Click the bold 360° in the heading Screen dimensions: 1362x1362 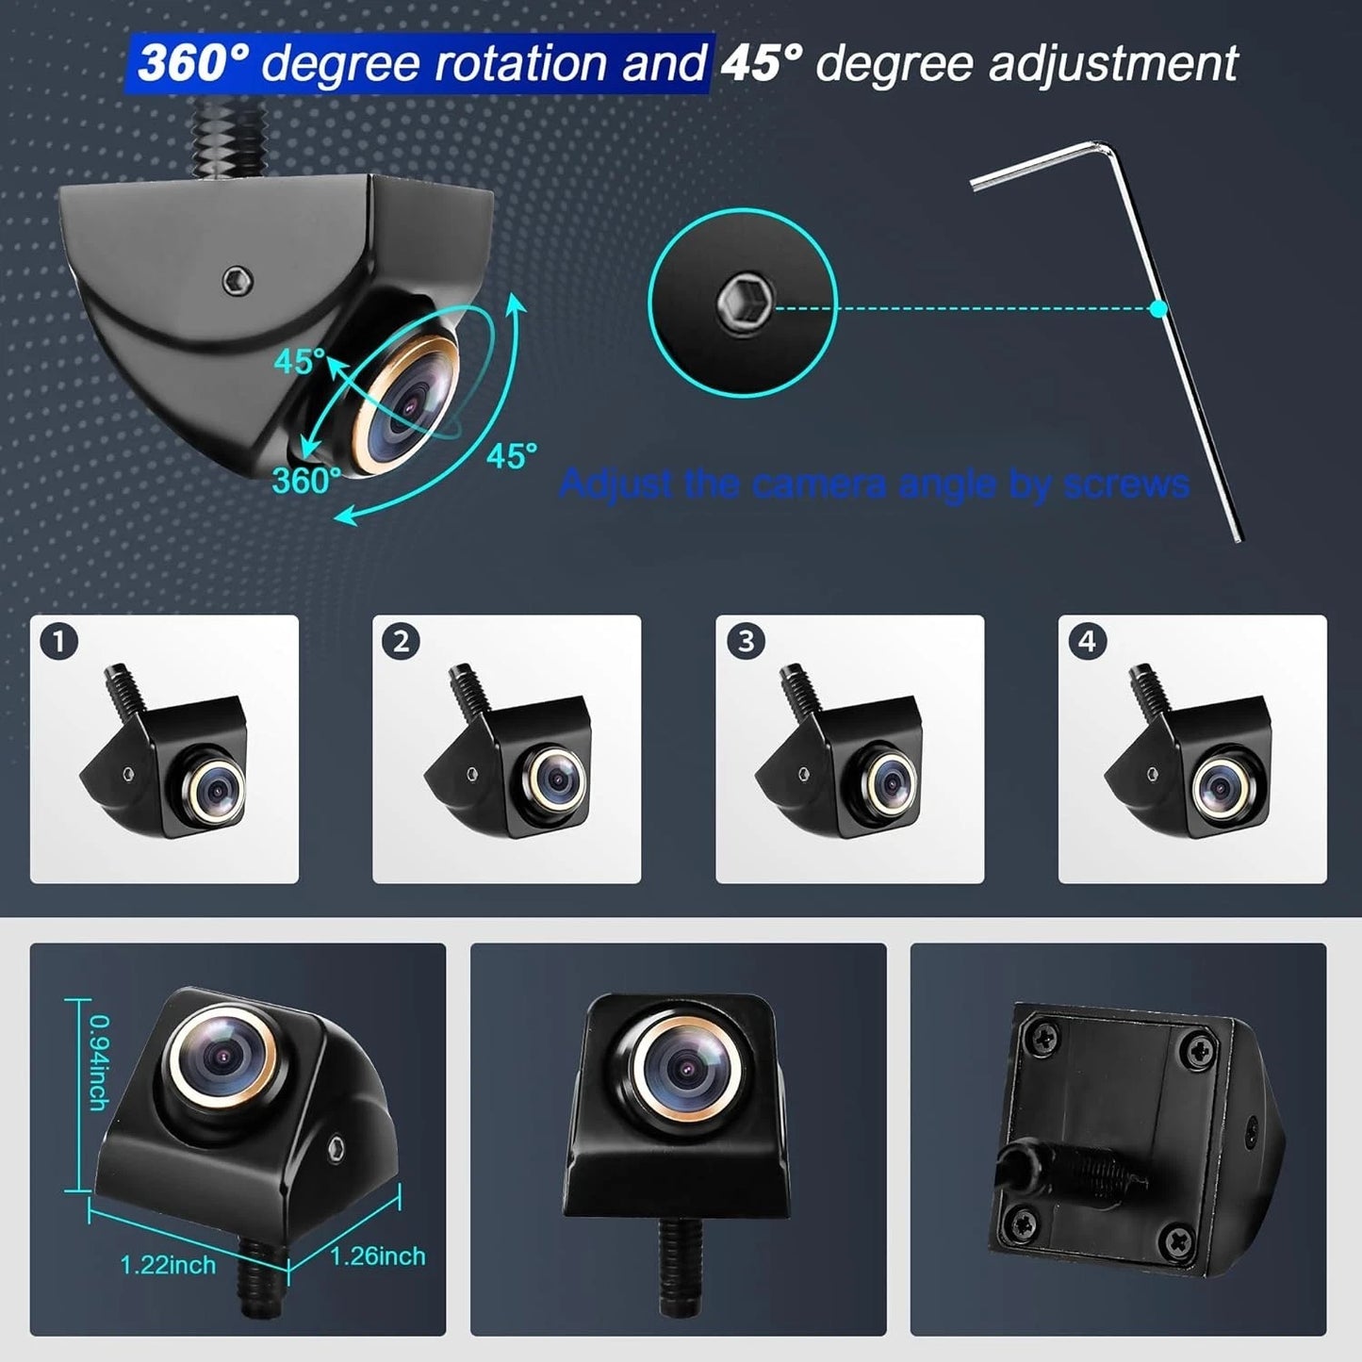(x=193, y=63)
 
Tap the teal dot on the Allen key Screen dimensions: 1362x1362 (x=1158, y=308)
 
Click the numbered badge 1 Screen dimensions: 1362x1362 (x=58, y=643)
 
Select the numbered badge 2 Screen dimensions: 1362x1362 (x=401, y=642)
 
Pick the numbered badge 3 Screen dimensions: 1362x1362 (x=745, y=642)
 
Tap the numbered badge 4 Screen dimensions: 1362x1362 (x=1087, y=642)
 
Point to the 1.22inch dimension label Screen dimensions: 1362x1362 (x=168, y=1265)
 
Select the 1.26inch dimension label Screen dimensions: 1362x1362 (x=377, y=1255)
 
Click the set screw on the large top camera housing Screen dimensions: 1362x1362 (x=238, y=280)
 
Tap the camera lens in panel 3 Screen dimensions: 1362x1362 (x=889, y=781)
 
